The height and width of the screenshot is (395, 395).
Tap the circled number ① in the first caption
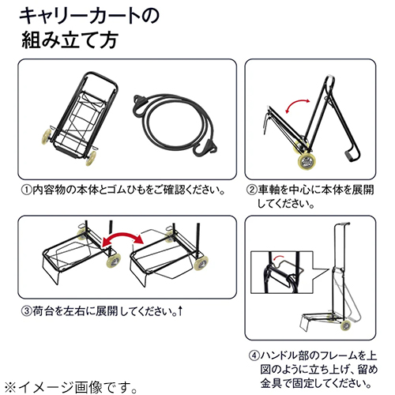pyautogui.click(x=27, y=190)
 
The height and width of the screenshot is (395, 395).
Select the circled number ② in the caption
pyautogui.click(x=252, y=190)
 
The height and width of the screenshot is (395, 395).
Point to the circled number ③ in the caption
pyautogui.click(x=27, y=311)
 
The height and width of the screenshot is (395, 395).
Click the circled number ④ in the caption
pyautogui.click(x=254, y=355)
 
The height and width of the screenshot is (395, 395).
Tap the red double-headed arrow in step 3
pyautogui.click(x=122, y=236)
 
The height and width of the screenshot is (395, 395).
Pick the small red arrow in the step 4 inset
pyautogui.click(x=278, y=257)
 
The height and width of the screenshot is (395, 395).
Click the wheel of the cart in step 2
pyautogui.click(x=307, y=161)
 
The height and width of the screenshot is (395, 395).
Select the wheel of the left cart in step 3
pyautogui.click(x=114, y=261)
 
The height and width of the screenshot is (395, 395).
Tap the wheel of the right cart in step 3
pyautogui.click(x=201, y=262)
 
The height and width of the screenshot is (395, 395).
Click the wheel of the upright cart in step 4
pyautogui.click(x=346, y=325)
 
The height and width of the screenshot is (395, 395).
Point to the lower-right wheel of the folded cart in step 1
pyautogui.click(x=91, y=158)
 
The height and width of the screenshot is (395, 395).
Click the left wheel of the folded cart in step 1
pyautogui.click(x=47, y=137)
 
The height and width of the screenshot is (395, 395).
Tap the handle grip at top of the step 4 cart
pyautogui.click(x=343, y=224)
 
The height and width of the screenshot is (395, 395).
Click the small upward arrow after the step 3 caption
pyautogui.click(x=180, y=311)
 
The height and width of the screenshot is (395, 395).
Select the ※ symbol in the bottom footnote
pyautogui.click(x=11, y=387)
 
